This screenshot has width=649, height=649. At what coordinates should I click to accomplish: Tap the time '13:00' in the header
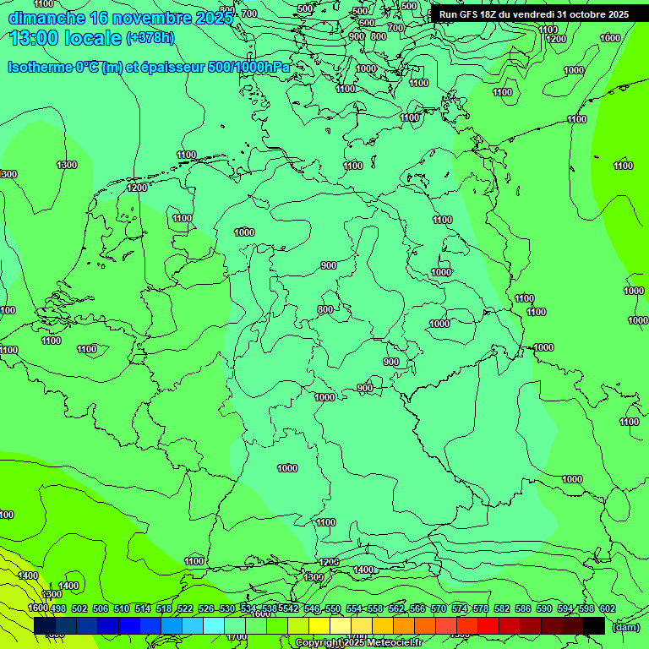pyautogui.click(x=35, y=38)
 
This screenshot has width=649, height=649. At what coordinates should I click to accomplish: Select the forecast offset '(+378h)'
pyautogui.click(x=150, y=38)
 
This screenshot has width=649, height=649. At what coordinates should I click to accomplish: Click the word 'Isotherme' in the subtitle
pyautogui.click(x=39, y=67)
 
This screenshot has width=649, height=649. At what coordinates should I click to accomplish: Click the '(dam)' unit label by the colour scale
pyautogui.click(x=624, y=626)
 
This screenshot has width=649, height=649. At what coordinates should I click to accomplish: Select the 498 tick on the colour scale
pyautogui.click(x=58, y=608)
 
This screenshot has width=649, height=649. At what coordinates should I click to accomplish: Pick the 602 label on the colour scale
pyautogui.click(x=607, y=608)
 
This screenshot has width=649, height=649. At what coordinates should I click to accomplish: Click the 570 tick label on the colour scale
pyautogui.click(x=439, y=608)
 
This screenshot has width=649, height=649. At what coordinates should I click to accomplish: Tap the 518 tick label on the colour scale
pyautogui.click(x=164, y=608)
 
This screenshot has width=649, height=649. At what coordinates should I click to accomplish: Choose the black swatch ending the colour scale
pyautogui.click(x=593, y=625)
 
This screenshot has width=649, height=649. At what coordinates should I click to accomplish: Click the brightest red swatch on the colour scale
pyautogui.click(x=488, y=625)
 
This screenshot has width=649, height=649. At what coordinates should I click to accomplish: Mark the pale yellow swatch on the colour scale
pyautogui.click(x=340, y=625)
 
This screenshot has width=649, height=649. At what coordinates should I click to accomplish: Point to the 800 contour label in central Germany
pyautogui.click(x=325, y=310)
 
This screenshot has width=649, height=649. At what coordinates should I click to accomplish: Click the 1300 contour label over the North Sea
pyautogui.click(x=67, y=165)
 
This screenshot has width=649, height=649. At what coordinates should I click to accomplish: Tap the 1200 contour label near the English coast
pyautogui.click(x=137, y=188)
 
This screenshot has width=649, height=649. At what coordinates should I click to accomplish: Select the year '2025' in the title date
pyautogui.click(x=211, y=18)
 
